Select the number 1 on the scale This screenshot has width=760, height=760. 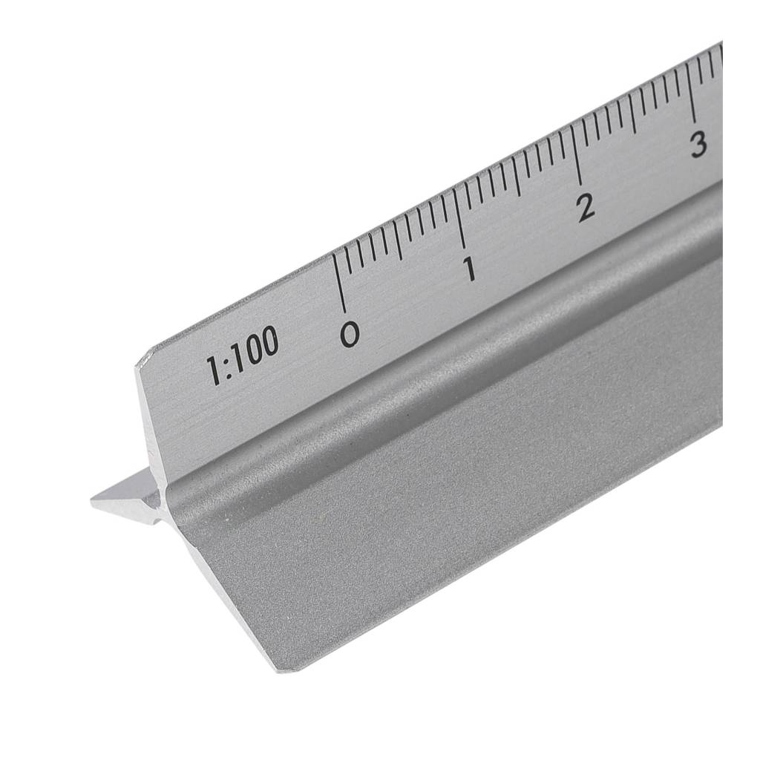pyautogui.click(x=469, y=269)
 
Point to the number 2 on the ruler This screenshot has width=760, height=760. pyautogui.click(x=586, y=208)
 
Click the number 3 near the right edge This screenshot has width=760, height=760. pyautogui.click(x=698, y=145)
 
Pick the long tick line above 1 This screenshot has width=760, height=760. pyautogui.click(x=460, y=219)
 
